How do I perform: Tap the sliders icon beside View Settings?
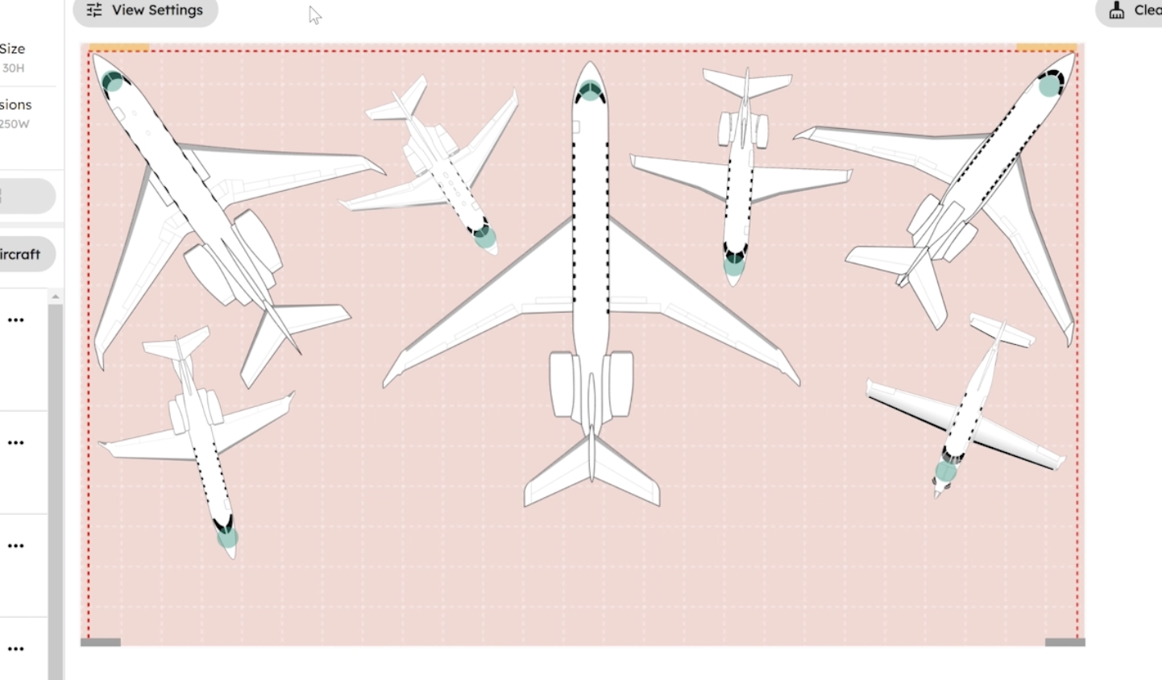(94, 10)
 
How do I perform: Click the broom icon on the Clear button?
(1117, 10)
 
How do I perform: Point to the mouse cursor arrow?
(314, 15)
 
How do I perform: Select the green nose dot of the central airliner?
(590, 92)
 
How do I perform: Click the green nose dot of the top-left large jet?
(113, 82)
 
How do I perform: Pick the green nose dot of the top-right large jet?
(1049, 85)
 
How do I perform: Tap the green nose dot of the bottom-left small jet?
(227, 537)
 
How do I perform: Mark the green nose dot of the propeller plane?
(945, 471)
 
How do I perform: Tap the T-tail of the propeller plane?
(1002, 330)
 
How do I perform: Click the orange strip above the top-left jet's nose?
(118, 48)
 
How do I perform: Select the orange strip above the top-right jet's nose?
(1046, 48)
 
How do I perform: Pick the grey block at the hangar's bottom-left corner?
(101, 642)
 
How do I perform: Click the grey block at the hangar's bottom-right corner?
(1064, 642)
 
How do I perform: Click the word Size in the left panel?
(12, 48)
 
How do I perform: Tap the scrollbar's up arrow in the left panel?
(55, 297)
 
